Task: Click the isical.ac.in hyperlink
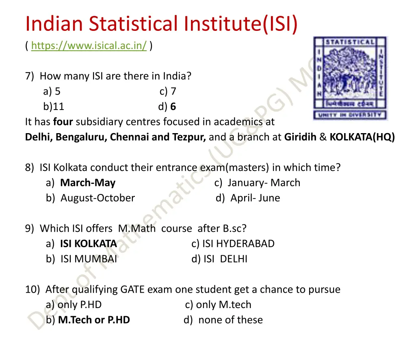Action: coord(89,46)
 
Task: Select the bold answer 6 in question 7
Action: coord(173,107)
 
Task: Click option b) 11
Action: coord(54,107)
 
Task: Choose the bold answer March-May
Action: coord(88,183)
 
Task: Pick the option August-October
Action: coord(97,198)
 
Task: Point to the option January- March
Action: coord(264,183)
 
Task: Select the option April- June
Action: coord(255,198)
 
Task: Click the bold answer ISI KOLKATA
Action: coord(89,244)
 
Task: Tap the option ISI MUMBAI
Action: coord(89,259)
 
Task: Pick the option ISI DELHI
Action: coord(225,259)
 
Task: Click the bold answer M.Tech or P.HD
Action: coord(94,320)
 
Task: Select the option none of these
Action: coord(230,320)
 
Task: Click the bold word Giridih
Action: coord(301,137)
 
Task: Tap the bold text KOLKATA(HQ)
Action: coord(362,137)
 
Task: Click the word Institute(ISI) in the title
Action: coord(240,24)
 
